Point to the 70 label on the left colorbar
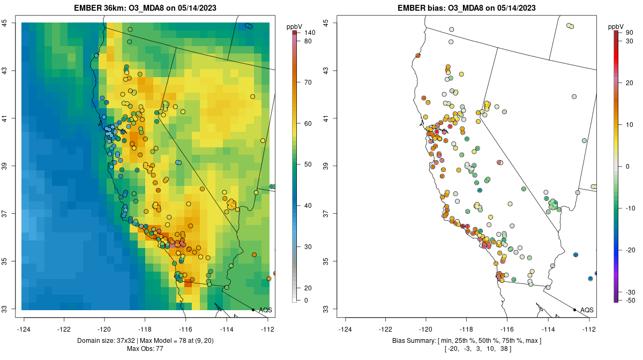[308, 82]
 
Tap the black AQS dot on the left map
[253, 310]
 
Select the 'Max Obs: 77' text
[145, 349]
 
